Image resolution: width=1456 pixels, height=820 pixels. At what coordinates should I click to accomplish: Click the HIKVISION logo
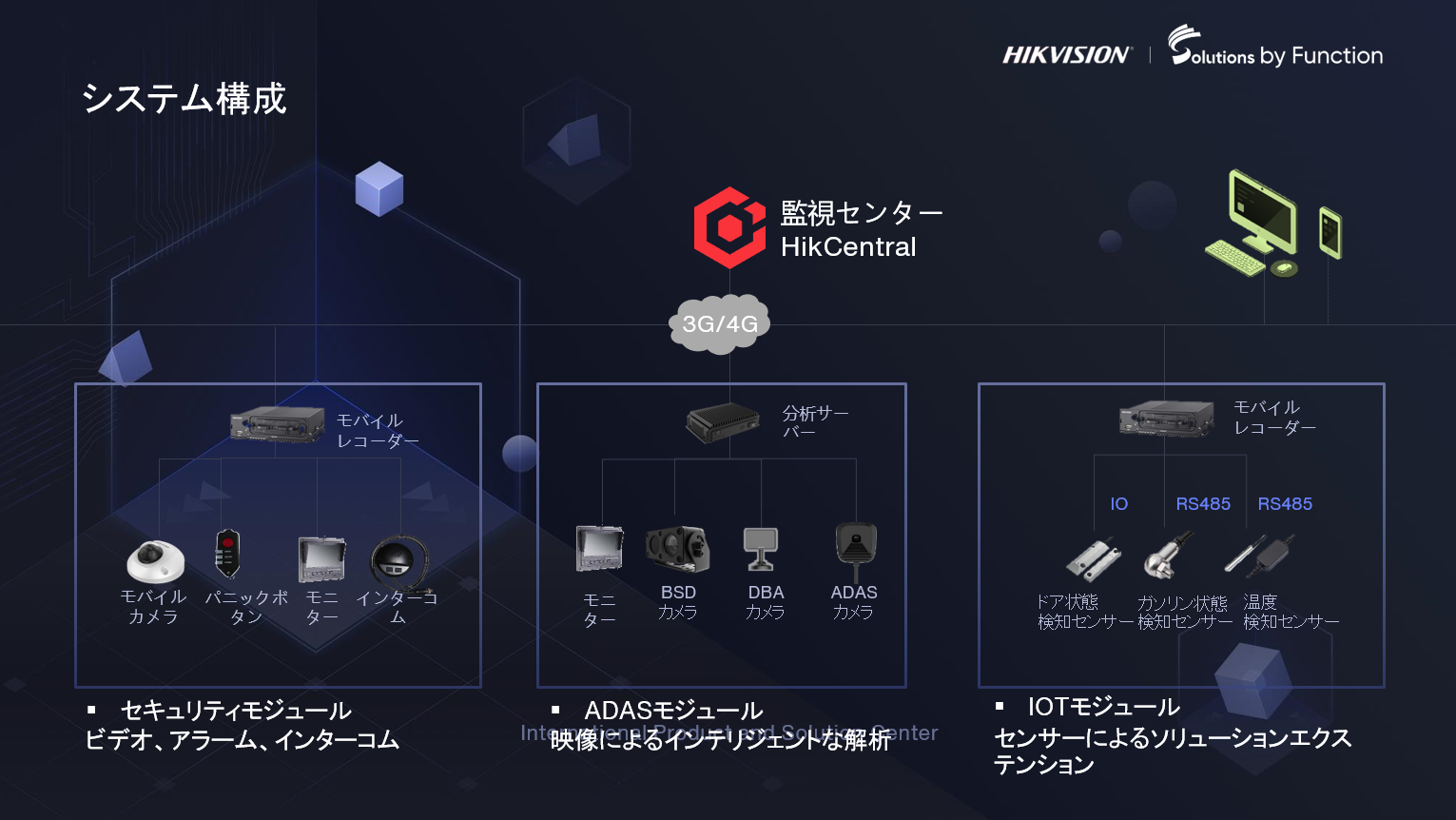tap(1066, 55)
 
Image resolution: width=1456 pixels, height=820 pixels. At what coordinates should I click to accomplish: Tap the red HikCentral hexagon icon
tap(729, 227)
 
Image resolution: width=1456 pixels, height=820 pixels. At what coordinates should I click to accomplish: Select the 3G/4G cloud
tap(720, 324)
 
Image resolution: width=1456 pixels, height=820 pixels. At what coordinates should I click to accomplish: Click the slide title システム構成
tap(184, 99)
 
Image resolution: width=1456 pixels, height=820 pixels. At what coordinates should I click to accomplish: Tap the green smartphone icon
tap(1330, 232)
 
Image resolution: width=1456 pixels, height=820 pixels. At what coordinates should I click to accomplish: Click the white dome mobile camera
tap(155, 560)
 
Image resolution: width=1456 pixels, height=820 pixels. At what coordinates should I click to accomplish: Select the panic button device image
tap(227, 554)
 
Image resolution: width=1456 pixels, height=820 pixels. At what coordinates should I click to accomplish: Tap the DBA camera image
tap(761, 549)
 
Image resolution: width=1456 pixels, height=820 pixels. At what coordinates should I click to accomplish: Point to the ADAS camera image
tap(855, 548)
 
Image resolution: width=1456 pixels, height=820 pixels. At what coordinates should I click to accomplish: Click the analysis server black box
tap(723, 422)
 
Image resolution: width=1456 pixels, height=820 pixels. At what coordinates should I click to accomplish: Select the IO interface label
tap(1119, 504)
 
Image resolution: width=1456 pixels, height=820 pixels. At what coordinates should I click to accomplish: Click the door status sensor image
tap(1093, 558)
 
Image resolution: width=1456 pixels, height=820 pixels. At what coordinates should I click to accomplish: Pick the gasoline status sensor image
tap(1169, 556)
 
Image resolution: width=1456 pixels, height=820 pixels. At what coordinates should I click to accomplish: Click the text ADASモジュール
tap(673, 711)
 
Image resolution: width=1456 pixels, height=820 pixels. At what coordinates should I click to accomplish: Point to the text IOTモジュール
tap(1103, 707)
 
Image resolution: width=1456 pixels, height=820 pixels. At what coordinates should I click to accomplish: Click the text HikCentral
tap(848, 247)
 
